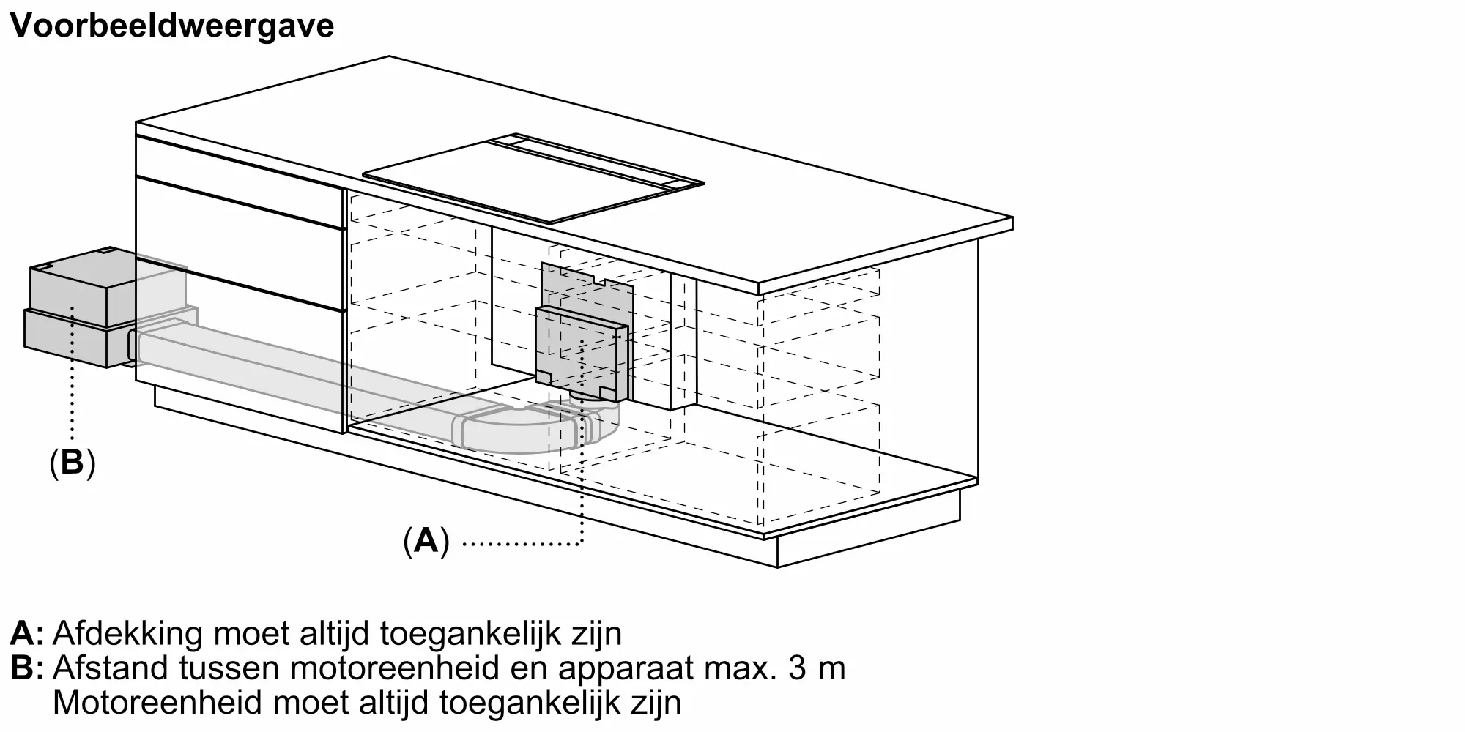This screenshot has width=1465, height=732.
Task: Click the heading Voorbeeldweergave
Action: pyautogui.click(x=172, y=26)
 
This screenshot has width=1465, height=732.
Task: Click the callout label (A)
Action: pyautogui.click(x=426, y=542)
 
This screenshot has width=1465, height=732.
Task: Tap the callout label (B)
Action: pyautogui.click(x=72, y=463)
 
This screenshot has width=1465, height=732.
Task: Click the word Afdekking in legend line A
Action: pyautogui.click(x=127, y=634)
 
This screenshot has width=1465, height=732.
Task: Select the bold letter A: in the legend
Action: pyautogui.click(x=27, y=634)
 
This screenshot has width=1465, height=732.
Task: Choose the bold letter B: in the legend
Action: pyautogui.click(x=27, y=668)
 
